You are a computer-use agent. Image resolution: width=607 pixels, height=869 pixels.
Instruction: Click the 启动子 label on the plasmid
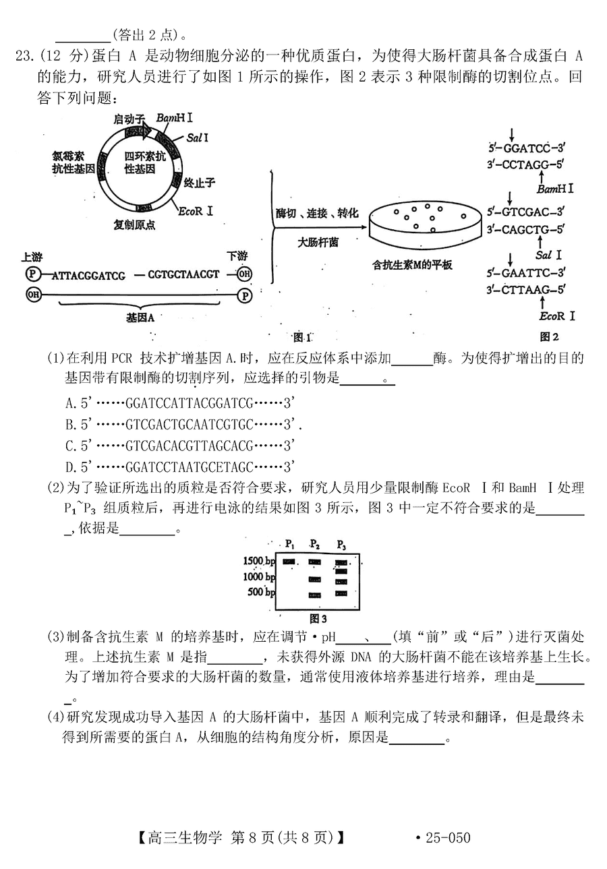[129, 119]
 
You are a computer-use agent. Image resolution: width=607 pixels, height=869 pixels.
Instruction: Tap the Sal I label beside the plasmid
[197, 138]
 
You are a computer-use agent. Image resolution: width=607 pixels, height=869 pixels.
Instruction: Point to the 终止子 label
[199, 183]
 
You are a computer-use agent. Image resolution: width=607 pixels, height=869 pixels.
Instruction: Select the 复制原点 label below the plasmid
[134, 224]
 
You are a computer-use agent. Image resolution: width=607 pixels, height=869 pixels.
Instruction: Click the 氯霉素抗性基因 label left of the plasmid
[74, 162]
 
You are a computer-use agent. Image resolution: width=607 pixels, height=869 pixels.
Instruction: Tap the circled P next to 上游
[32, 274]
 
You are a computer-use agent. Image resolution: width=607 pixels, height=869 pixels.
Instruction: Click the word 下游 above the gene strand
[237, 256]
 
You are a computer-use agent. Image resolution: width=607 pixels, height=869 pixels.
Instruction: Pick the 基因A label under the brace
[140, 318]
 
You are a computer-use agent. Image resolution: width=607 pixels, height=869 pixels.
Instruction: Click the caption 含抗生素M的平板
[413, 265]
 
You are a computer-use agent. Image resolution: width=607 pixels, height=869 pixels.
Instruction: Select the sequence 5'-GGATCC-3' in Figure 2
[527, 148]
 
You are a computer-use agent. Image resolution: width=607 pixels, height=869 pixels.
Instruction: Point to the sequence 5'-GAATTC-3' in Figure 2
[526, 273]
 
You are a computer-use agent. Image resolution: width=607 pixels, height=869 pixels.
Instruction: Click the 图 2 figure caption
[549, 336]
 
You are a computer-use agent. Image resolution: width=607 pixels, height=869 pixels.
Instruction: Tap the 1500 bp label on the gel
[259, 561]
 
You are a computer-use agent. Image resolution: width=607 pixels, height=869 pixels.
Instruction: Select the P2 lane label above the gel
[315, 545]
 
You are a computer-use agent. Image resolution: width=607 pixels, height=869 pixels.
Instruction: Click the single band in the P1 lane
[289, 562]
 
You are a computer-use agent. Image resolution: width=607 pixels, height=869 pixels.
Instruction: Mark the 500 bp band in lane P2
[315, 595]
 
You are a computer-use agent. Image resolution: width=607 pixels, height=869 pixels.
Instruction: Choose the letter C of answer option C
[70, 446]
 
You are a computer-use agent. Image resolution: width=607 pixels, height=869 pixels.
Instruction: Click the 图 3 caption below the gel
[318, 618]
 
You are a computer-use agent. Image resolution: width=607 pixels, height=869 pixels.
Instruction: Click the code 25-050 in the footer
[449, 838]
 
